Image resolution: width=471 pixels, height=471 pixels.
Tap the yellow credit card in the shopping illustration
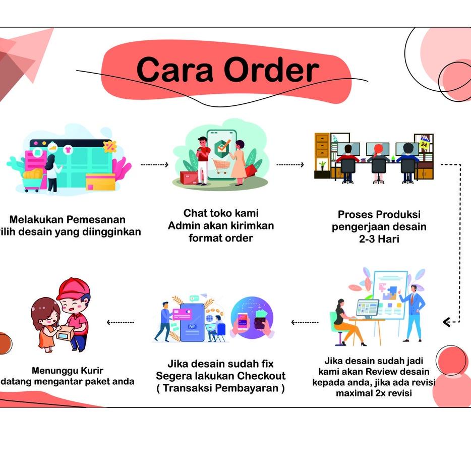pyautogui.click(x=100, y=182)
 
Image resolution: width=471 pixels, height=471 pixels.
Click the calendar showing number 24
pyautogui.click(x=424, y=145)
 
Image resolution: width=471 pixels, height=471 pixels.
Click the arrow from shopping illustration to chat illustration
pyautogui.click(x=154, y=164)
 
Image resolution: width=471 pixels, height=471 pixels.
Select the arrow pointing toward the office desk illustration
pyautogui.click(x=290, y=164)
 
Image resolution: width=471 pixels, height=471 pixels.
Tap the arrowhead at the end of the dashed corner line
pyautogui.click(x=446, y=322)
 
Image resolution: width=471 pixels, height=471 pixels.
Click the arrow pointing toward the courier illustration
pyautogui.click(x=121, y=322)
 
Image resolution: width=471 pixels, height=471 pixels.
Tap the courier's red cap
pyautogui.click(x=73, y=289)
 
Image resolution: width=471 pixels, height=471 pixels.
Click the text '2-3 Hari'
pyautogui.click(x=379, y=239)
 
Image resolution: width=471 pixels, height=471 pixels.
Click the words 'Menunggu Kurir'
pyautogui.click(x=67, y=371)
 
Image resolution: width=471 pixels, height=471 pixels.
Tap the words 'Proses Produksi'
pyautogui.click(x=379, y=215)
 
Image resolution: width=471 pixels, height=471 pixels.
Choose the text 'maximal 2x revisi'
pyautogui.click(x=374, y=392)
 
